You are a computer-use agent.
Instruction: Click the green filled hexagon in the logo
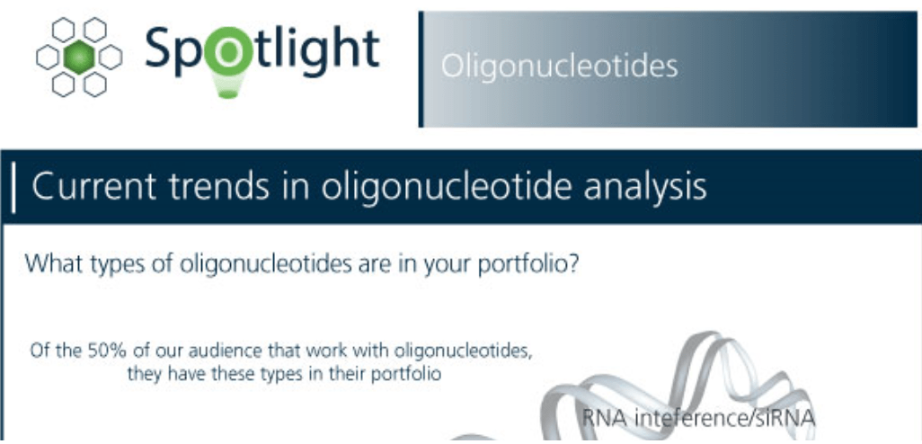(79, 57)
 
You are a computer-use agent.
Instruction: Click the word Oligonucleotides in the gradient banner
(559, 67)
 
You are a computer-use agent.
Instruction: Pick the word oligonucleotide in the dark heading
(437, 188)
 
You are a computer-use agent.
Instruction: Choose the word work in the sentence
(323, 351)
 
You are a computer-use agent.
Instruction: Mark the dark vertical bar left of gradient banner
(421, 69)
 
